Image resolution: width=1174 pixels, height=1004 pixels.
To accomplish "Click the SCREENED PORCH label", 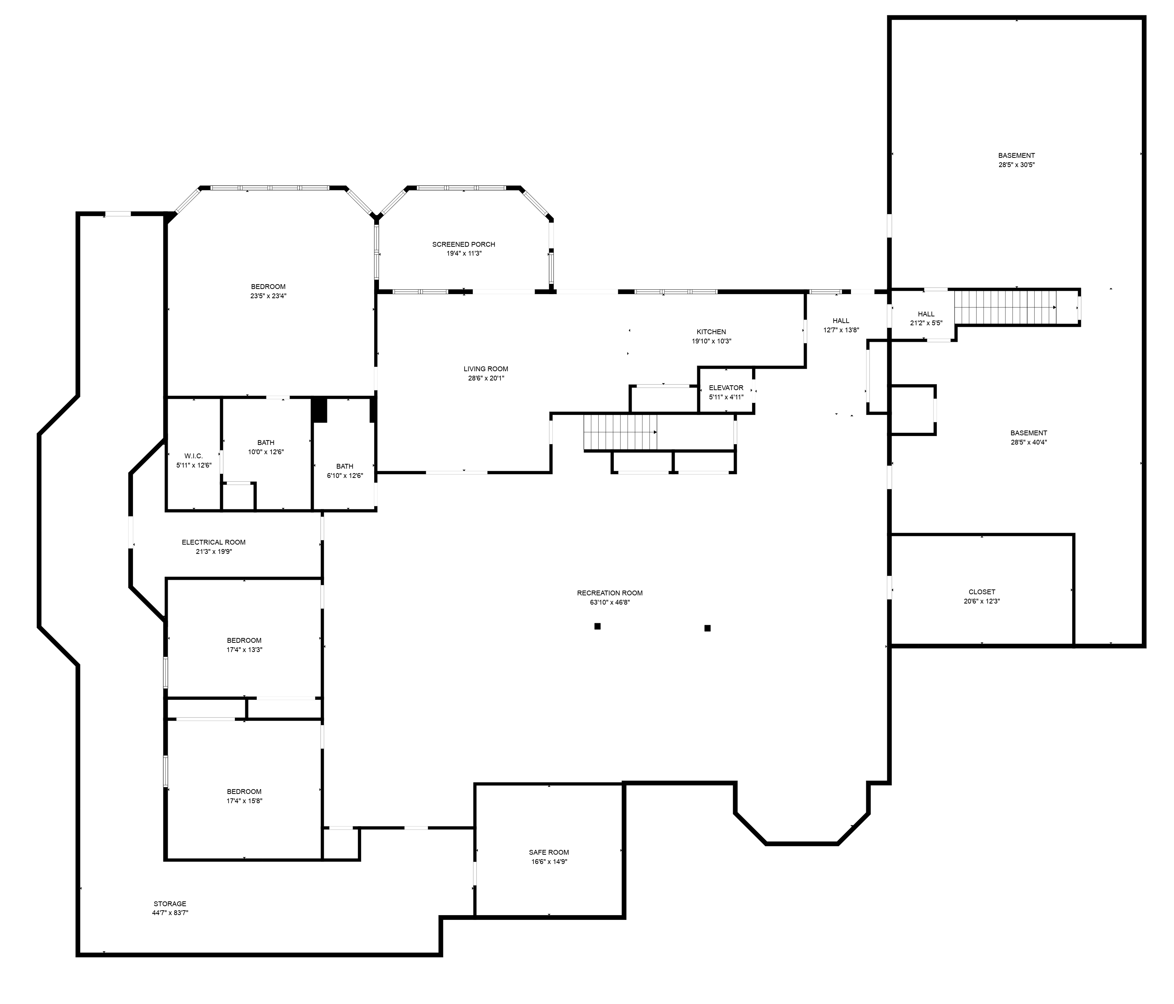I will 463,244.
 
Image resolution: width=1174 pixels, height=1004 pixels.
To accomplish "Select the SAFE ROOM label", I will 548,852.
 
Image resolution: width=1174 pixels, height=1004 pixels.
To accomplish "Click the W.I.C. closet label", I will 193,456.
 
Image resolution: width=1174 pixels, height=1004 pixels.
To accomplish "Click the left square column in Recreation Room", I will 597,626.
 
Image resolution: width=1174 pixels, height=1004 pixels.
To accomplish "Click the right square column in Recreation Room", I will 707,628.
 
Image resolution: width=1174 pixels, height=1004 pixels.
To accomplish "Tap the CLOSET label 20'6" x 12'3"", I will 982,592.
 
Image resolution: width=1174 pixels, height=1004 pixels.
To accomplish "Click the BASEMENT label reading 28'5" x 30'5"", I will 1017,155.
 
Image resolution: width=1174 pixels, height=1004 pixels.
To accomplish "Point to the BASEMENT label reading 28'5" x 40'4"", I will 1029,433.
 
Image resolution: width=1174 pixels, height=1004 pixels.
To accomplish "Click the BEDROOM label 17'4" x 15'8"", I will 244,791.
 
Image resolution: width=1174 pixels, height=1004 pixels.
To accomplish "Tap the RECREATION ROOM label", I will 610,593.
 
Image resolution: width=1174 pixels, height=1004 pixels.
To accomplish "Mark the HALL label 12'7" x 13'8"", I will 841,321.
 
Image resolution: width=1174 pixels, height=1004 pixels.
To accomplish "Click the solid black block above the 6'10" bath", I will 320,410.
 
